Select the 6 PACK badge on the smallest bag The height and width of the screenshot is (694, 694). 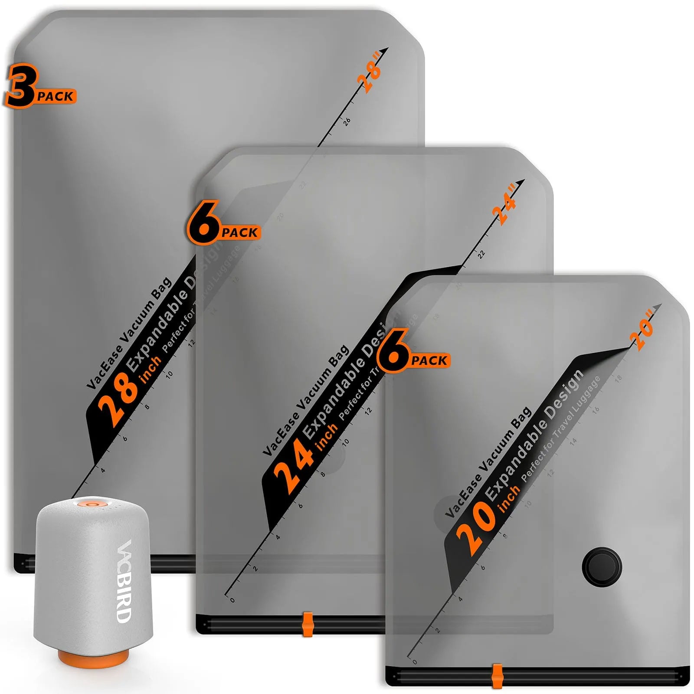(x=413, y=353)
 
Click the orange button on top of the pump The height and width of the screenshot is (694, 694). (x=92, y=504)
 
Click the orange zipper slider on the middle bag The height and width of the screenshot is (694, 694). (x=308, y=624)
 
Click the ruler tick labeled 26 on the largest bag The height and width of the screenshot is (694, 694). (x=347, y=121)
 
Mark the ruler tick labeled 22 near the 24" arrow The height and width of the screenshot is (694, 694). (x=481, y=254)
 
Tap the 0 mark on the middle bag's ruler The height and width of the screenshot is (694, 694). (x=232, y=600)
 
